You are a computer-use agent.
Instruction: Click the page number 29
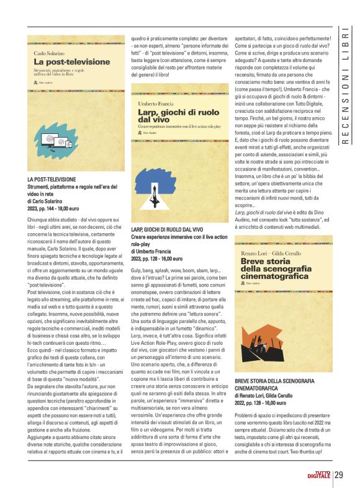339,475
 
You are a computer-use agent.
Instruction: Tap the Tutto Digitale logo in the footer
318,475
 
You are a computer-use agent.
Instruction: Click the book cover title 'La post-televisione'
63,62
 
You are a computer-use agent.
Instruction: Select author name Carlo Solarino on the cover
49,54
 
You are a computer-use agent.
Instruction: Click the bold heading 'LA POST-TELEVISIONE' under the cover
52,179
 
